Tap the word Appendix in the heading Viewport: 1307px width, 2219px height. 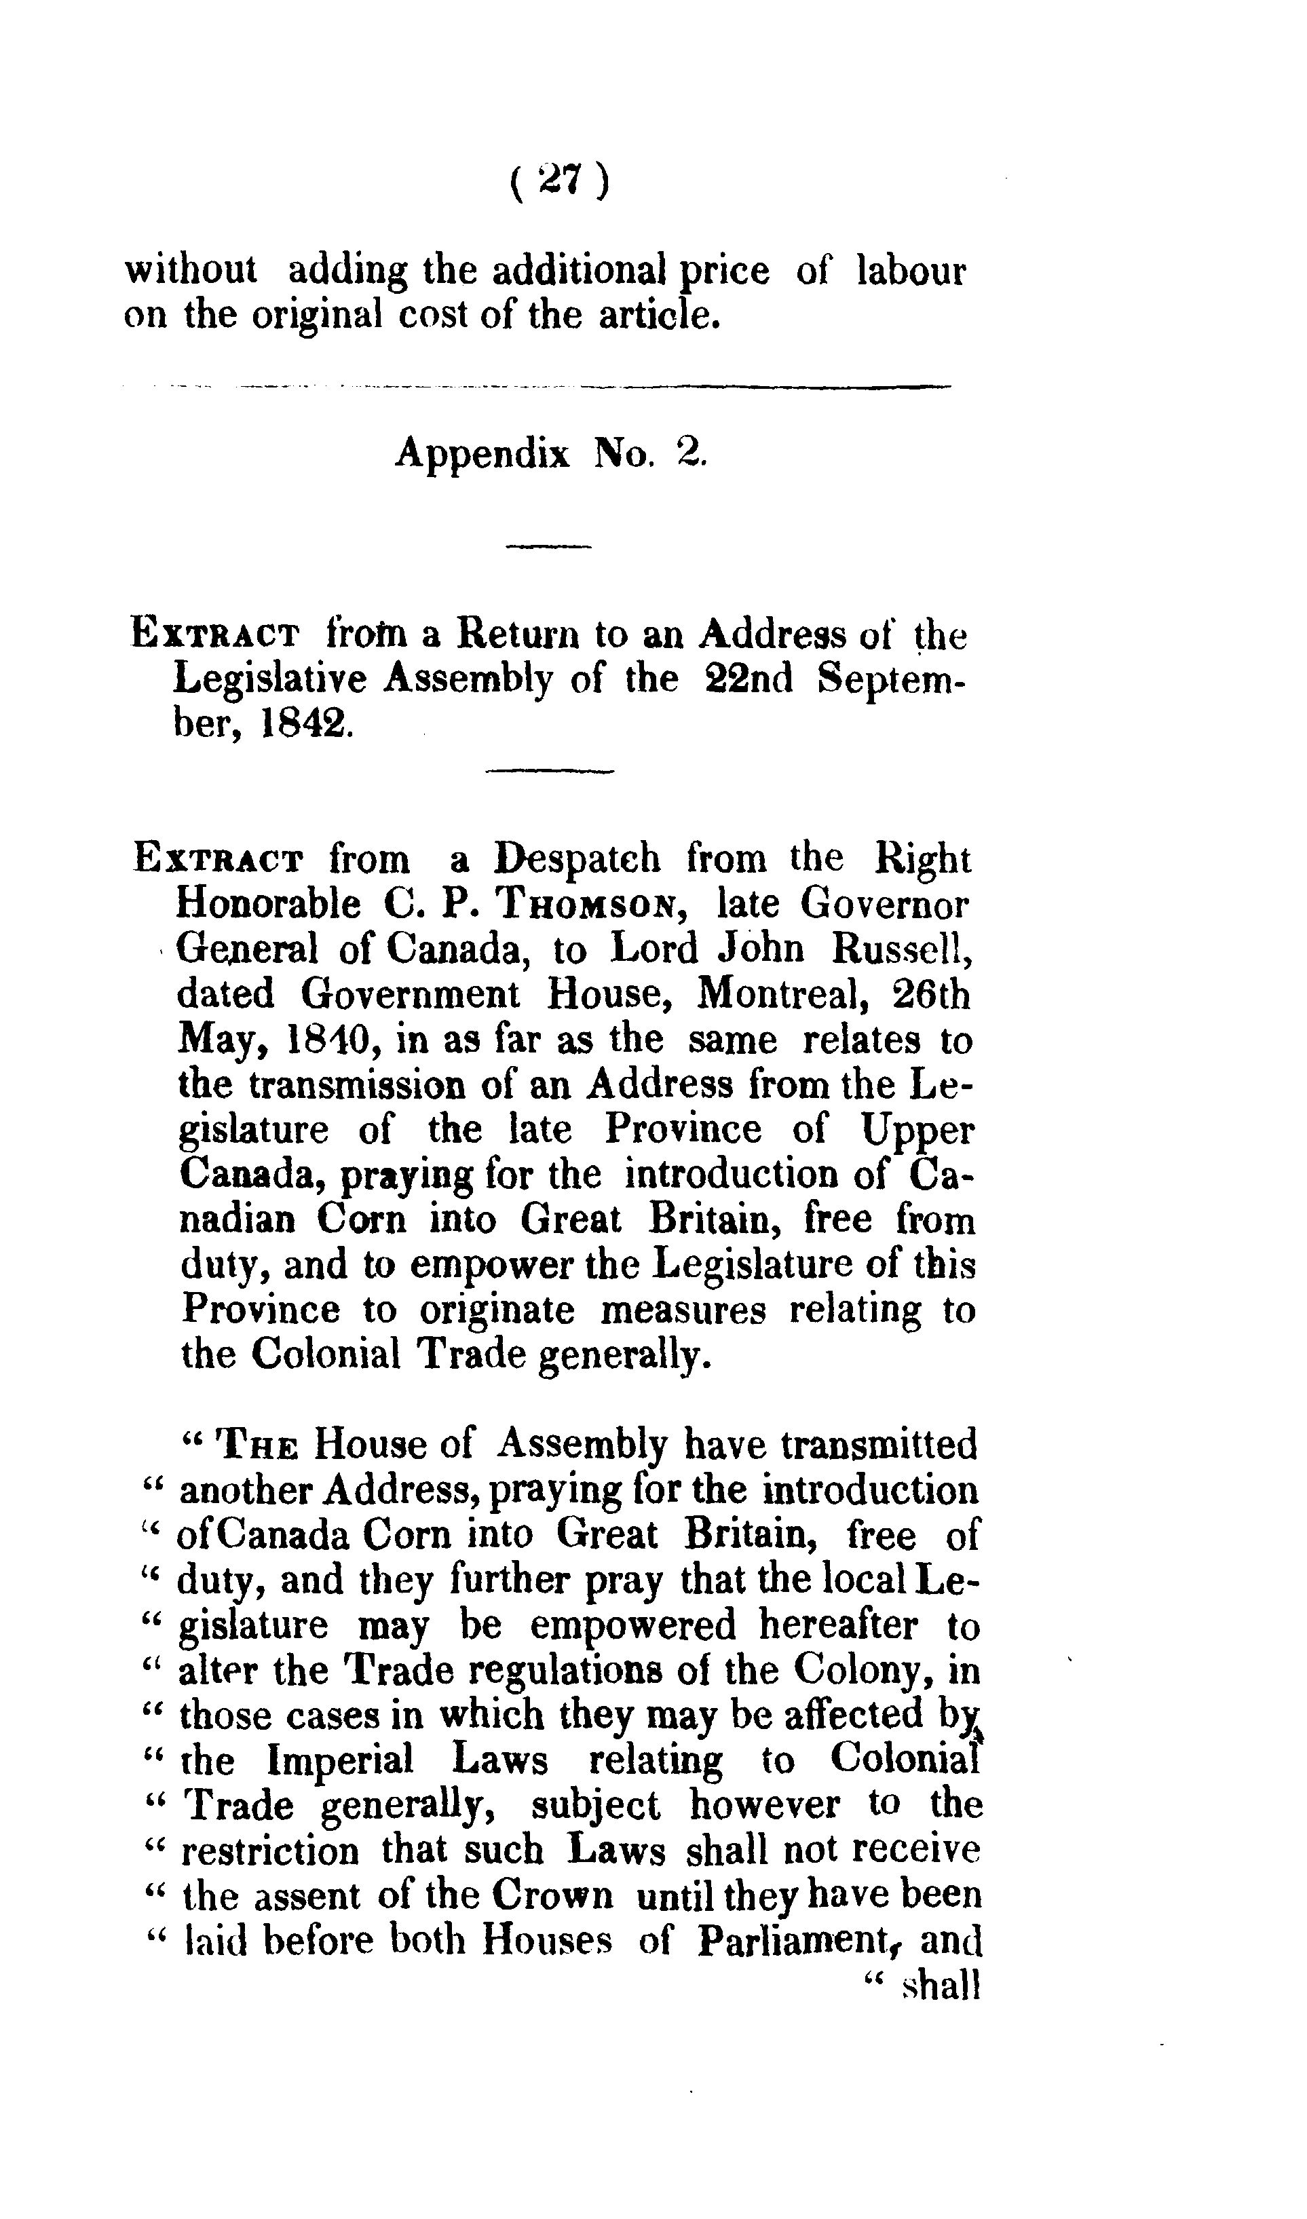(x=482, y=453)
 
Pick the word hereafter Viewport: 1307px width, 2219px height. (x=837, y=1625)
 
